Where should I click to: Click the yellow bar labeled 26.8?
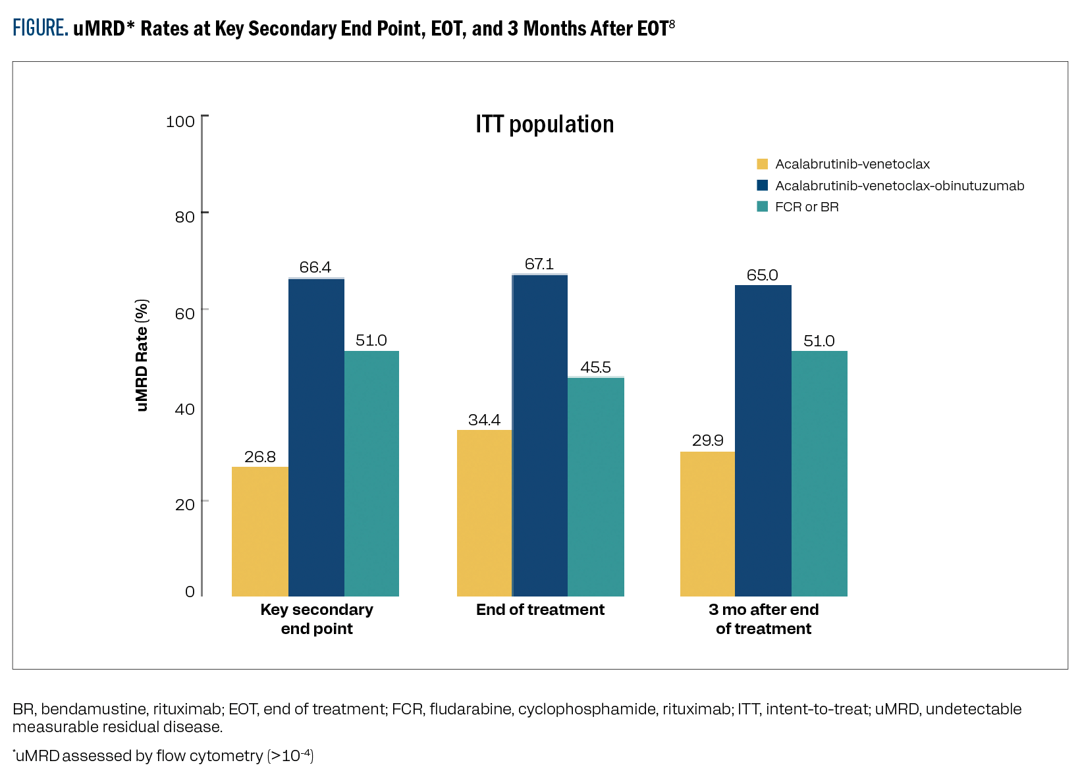tap(259, 531)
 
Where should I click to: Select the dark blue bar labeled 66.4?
tap(316, 438)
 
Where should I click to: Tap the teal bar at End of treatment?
tap(595, 487)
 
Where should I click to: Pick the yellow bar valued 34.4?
tap(484, 513)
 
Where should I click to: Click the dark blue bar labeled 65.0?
tap(763, 440)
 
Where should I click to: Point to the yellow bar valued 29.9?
tap(707, 523)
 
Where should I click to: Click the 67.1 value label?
tap(539, 264)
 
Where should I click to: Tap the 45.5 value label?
tap(595, 367)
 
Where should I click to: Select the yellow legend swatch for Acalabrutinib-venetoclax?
tap(763, 164)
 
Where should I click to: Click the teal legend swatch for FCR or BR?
tap(763, 207)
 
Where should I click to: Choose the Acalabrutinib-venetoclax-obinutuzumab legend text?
tap(900, 186)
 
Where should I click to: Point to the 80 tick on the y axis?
tap(185, 217)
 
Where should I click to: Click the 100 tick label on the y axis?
tap(180, 121)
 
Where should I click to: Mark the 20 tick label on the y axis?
tap(185, 504)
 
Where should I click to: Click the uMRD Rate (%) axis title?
tap(142, 356)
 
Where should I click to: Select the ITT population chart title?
tap(545, 124)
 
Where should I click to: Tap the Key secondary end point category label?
tap(317, 619)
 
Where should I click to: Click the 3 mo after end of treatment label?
tap(763, 619)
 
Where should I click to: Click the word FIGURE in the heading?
tap(40, 28)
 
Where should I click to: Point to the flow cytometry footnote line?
tap(163, 755)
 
